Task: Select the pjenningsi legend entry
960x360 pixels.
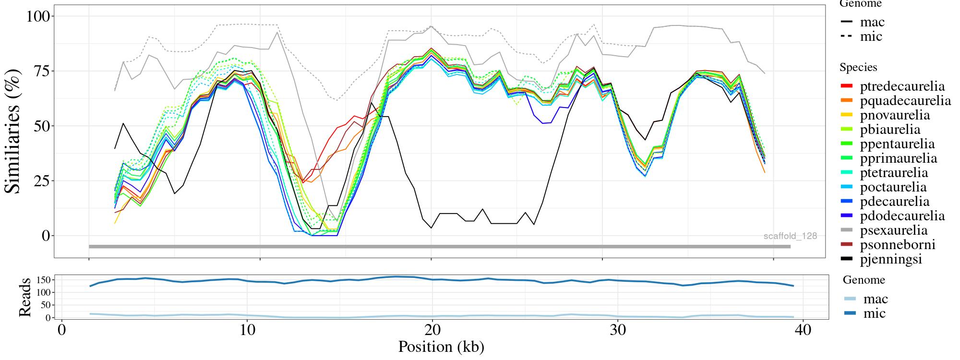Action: coord(891,259)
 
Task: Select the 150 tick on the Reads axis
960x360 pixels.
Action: coord(44,280)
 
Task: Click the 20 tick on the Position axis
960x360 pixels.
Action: coord(432,330)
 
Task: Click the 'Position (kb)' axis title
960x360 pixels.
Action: coord(441,347)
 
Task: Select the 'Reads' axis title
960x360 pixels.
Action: coord(24,298)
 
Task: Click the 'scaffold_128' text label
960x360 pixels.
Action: coord(790,236)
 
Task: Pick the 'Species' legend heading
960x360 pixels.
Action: coord(858,67)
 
